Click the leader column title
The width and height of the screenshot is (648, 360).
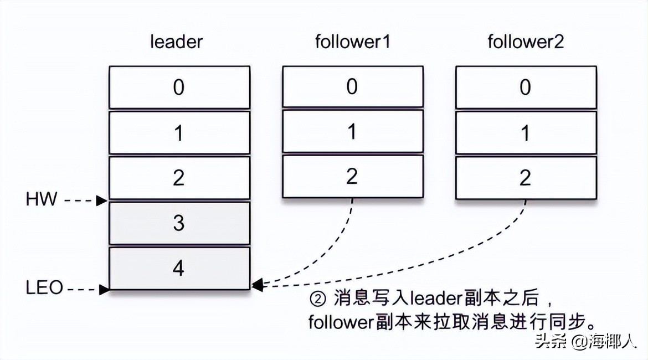click(177, 42)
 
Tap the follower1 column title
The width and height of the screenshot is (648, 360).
click(353, 42)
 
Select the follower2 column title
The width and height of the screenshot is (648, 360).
click(526, 42)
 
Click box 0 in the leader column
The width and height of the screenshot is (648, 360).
click(179, 88)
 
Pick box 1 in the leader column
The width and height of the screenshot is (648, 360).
click(179, 133)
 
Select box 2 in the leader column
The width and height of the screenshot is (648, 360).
click(179, 178)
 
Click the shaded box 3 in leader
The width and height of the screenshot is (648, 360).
click(179, 223)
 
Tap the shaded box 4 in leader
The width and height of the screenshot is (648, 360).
click(179, 269)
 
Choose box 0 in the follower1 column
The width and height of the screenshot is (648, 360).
click(353, 88)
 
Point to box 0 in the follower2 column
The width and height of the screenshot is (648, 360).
click(526, 88)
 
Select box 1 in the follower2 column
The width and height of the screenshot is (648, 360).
click(526, 133)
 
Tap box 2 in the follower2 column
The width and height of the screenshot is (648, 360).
click(526, 178)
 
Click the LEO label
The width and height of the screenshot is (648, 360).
click(44, 288)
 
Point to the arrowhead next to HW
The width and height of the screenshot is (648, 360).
click(102, 200)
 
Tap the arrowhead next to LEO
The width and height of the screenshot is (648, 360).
click(104, 289)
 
